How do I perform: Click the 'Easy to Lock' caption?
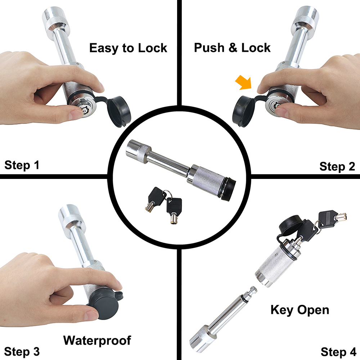(x=128, y=48)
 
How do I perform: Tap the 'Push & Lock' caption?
(x=232, y=48)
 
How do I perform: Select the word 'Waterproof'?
(x=97, y=340)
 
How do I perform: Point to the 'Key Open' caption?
(x=300, y=310)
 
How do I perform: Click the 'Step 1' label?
(x=22, y=165)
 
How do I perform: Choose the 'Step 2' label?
(x=337, y=166)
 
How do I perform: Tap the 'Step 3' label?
(x=22, y=351)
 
